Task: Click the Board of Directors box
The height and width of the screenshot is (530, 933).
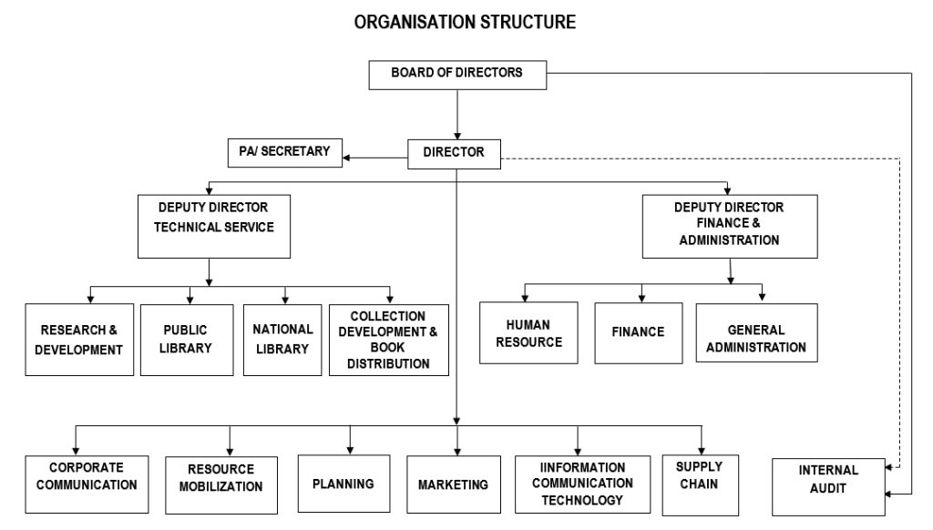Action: click(x=456, y=75)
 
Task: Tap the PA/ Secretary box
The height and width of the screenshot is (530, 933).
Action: click(x=284, y=152)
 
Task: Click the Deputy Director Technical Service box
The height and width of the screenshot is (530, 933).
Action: click(x=215, y=225)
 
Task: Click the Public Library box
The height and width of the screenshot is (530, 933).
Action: click(x=188, y=339)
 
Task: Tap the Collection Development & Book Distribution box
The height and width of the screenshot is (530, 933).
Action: click(x=388, y=340)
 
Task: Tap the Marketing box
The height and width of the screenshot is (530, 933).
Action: click(x=453, y=484)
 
